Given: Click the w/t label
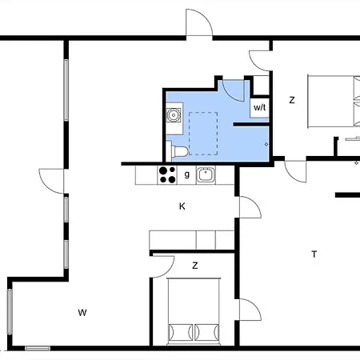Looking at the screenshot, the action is coord(259,107).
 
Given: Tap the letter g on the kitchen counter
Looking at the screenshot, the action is coord(187,174).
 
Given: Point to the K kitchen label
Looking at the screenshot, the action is coord(182,206).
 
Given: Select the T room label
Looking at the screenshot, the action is coord(314,254).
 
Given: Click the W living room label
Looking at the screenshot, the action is coord(82,312).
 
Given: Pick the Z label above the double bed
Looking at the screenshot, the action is coord(195,266).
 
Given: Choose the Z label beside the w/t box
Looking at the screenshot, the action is coord(292,100).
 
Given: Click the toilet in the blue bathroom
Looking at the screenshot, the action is coord(178,151).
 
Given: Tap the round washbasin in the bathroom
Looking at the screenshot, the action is coord(174,115).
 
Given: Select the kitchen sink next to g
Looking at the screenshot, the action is coord(206,175).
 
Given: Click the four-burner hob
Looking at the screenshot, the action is coord(167,175).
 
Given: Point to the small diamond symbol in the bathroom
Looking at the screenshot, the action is coord(266,144).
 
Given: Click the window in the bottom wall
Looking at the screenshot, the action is coord(38,348).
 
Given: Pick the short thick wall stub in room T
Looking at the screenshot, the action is coord(347,195).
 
